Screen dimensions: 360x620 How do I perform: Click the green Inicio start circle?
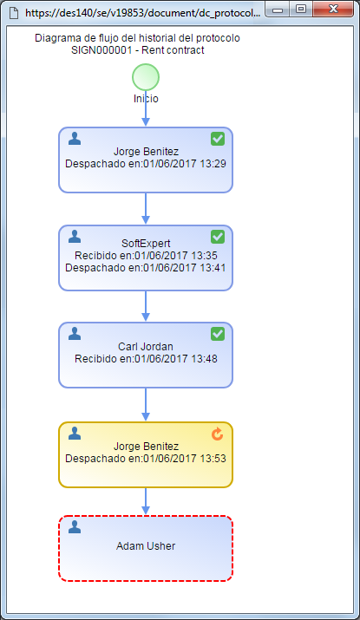[x=146, y=77]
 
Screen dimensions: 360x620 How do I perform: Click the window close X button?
[x=333, y=9]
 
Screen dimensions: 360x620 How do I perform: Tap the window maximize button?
[x=301, y=9]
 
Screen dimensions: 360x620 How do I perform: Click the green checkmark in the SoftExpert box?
[x=218, y=237]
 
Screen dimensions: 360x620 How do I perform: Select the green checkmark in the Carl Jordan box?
[x=218, y=334]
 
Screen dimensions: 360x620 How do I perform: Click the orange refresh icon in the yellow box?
[x=217, y=434]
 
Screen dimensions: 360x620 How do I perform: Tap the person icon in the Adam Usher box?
[x=75, y=526]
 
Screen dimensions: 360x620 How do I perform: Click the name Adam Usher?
[x=146, y=546]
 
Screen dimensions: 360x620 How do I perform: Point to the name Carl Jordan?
[x=146, y=347]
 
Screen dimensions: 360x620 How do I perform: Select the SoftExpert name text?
[x=146, y=243]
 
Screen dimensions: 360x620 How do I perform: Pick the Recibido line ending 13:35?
[x=146, y=256]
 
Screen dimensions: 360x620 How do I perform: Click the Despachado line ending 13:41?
[x=145, y=268]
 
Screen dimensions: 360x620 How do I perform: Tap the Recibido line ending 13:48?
[x=146, y=359]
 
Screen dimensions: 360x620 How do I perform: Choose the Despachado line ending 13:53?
[x=145, y=459]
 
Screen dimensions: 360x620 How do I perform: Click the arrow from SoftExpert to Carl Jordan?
[x=146, y=306]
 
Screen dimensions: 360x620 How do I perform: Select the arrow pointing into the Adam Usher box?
[x=146, y=501]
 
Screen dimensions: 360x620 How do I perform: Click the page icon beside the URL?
[x=14, y=13]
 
